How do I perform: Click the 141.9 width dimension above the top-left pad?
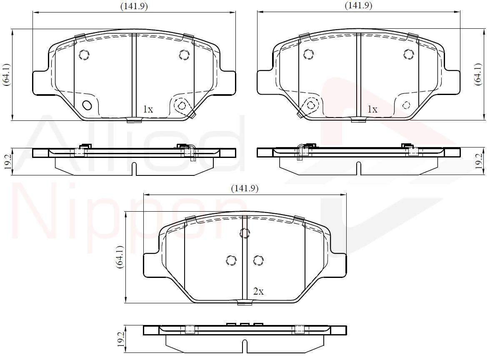click(134, 6)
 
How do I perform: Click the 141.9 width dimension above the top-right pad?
click(358, 5)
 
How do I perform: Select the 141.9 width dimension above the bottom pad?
click(245, 188)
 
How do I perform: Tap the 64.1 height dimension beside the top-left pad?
click(7, 75)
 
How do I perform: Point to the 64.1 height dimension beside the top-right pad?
click(478, 74)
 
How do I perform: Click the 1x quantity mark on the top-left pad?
click(148, 109)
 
